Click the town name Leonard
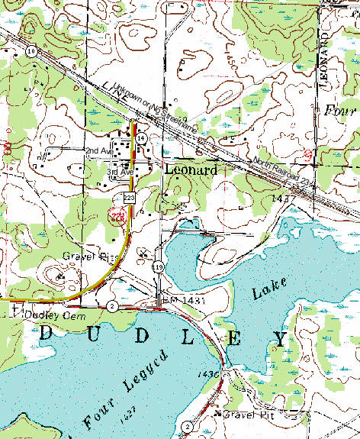191,170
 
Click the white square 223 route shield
129,198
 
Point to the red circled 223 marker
117,217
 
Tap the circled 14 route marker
142,137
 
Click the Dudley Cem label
47,314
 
